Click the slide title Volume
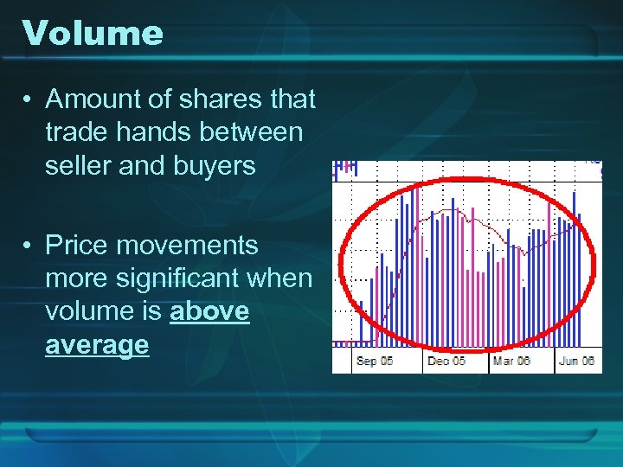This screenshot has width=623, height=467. click(93, 34)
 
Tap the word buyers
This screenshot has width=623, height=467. click(212, 165)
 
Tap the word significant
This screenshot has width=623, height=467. click(189, 278)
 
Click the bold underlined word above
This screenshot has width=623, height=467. click(209, 311)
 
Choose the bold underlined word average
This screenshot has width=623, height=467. click(97, 345)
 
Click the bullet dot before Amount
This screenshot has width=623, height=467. click(29, 100)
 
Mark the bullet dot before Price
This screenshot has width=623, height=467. click(29, 246)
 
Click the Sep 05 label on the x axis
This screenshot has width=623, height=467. click(375, 361)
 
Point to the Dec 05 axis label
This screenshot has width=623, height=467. click(446, 361)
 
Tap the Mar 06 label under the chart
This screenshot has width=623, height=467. click(511, 361)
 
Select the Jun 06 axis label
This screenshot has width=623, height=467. click(576, 361)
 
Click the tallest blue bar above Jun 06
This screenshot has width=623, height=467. click(575, 259)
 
